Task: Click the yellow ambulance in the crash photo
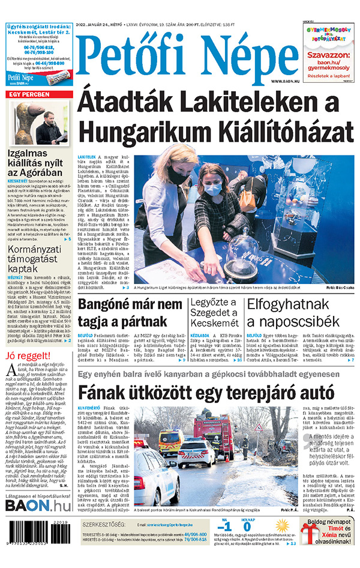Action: (169, 443)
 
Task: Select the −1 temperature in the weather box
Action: (226, 527)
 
